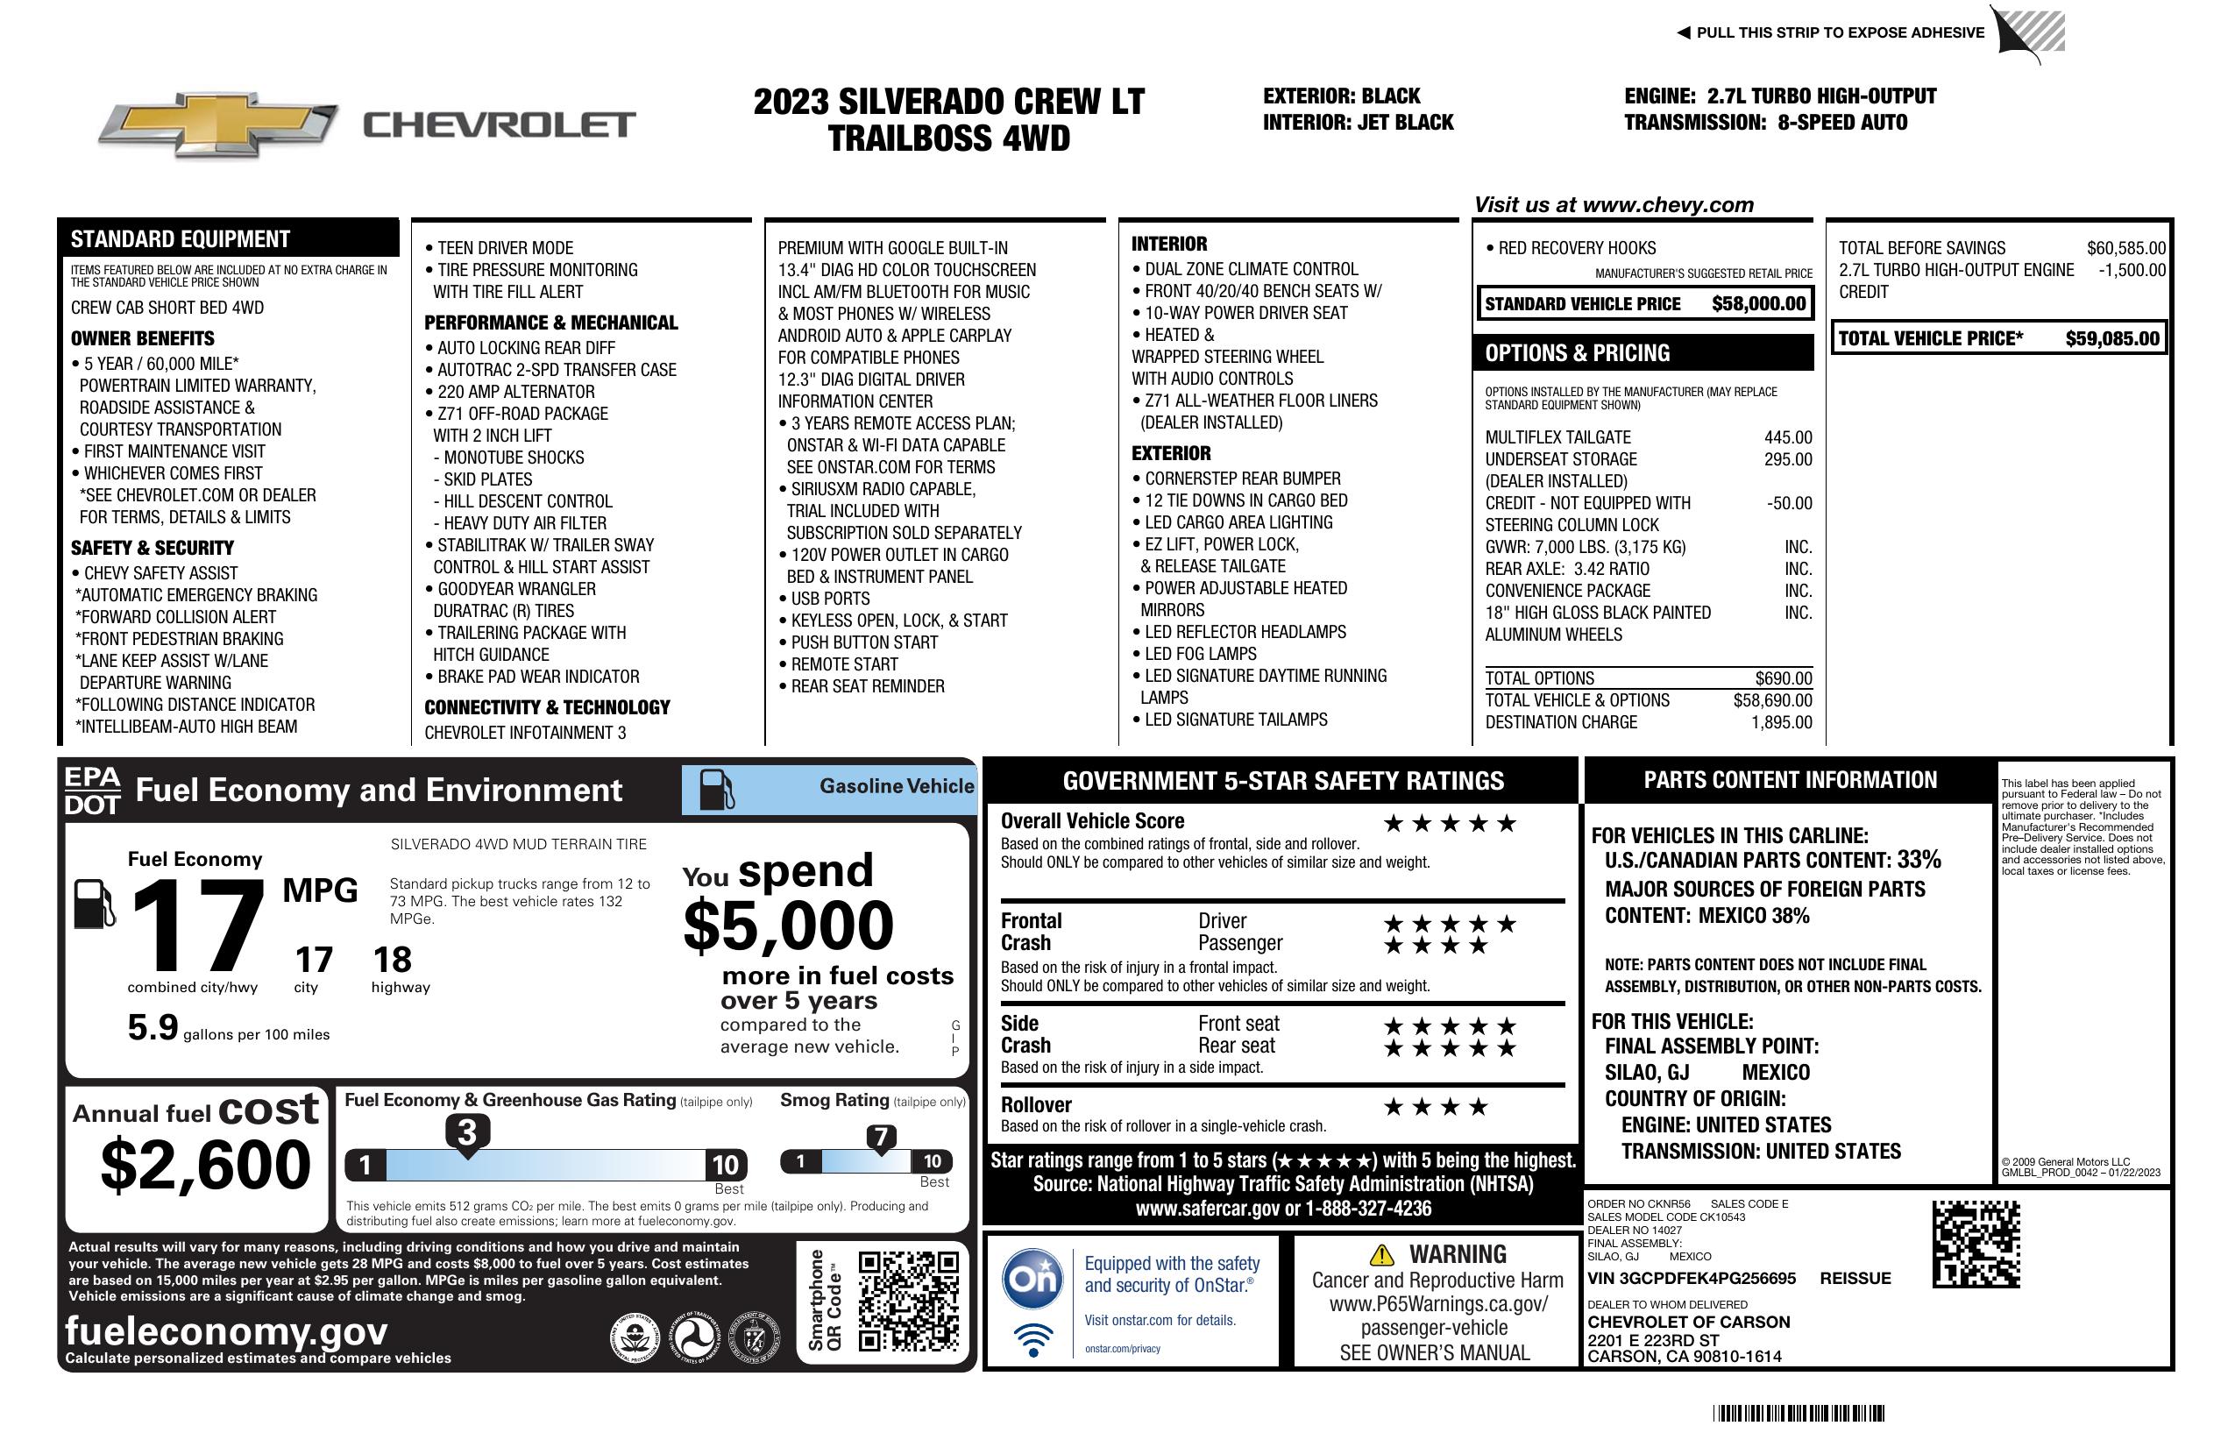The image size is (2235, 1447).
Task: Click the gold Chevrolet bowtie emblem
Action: coord(218,124)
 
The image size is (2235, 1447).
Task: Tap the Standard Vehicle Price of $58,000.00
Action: coord(1758,303)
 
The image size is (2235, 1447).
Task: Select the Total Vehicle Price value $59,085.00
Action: coord(2112,339)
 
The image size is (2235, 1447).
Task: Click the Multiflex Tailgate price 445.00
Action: coord(1787,437)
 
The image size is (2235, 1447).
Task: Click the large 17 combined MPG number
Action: coord(197,926)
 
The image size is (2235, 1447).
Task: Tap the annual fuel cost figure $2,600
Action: coord(205,1165)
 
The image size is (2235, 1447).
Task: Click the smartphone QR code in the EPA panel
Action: coord(908,1301)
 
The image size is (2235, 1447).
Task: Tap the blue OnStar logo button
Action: coord(1033,1279)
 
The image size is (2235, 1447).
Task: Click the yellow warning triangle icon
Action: coord(1381,1255)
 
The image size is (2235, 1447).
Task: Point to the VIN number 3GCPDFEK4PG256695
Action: coord(1692,1279)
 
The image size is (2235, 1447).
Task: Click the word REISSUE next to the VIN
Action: coord(1855,1279)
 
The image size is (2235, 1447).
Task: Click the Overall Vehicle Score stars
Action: coord(1450,825)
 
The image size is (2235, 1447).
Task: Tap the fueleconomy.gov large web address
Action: coord(226,1331)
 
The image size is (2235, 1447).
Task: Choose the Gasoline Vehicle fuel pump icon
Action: coord(717,790)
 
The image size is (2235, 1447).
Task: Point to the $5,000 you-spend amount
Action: coord(788,926)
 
